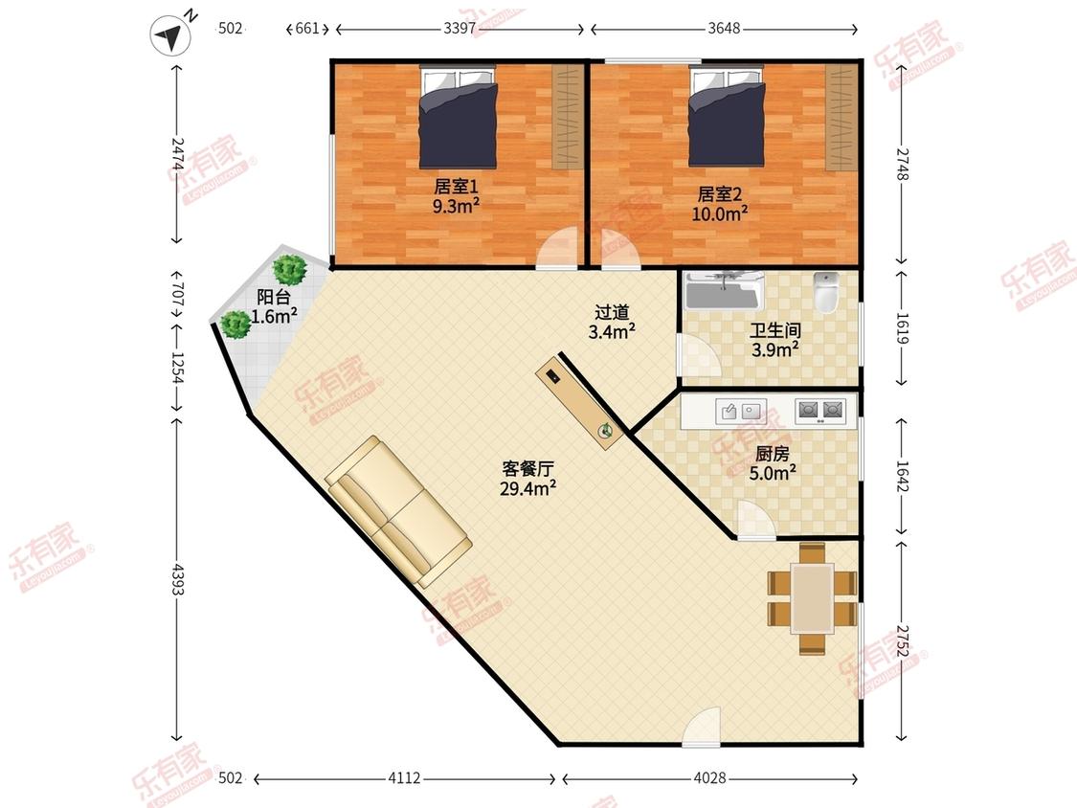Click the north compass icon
[x=170, y=35]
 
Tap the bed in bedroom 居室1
[x=458, y=117]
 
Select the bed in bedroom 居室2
[x=727, y=117]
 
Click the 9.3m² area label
[x=456, y=206]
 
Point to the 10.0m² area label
[x=720, y=213]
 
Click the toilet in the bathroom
[x=826, y=292]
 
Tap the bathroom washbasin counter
[x=725, y=290]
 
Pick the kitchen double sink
[x=740, y=411]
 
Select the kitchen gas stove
[x=820, y=411]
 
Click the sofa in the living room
[x=398, y=511]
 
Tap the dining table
[x=812, y=598]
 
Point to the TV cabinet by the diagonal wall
[x=580, y=403]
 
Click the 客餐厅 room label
[x=527, y=469]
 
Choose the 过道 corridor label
[x=612, y=313]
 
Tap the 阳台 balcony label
[x=274, y=297]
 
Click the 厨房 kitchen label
[x=772, y=454]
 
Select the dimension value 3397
[x=460, y=28]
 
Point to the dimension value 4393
[x=178, y=579]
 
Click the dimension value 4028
[x=709, y=777]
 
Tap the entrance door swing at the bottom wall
[x=701, y=726]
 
